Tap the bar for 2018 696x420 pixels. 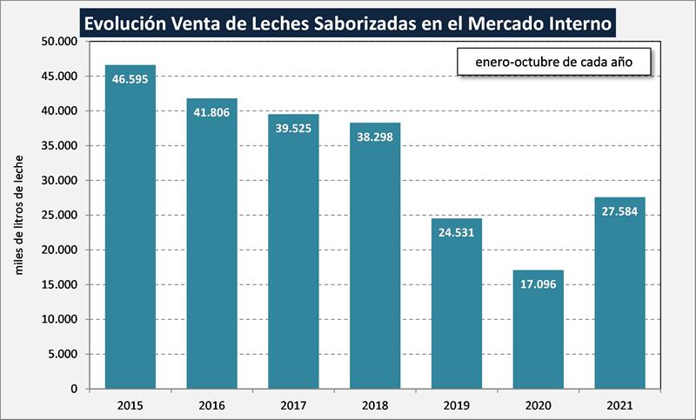pos(375,261)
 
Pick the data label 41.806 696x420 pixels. pos(211,112)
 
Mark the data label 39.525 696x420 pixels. pos(293,128)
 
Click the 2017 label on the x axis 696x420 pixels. pos(293,405)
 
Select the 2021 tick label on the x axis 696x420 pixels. pos(620,405)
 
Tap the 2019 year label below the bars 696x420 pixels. pos(457,405)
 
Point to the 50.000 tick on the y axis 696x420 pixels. pos(59,42)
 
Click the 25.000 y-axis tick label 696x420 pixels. pos(59,216)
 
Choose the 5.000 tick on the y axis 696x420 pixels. pos(63,354)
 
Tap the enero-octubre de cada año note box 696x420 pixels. pos(552,63)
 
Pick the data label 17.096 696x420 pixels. pos(539,283)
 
